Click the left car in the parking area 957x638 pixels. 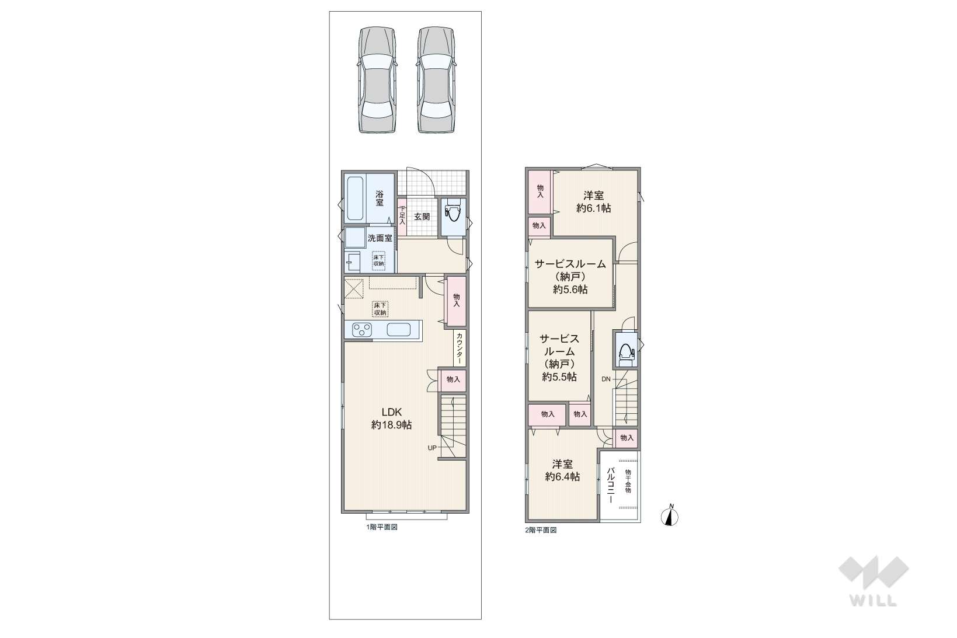(x=378, y=80)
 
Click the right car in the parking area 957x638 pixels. (x=436, y=80)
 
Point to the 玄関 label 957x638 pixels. (x=422, y=217)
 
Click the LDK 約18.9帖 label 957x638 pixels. (x=391, y=418)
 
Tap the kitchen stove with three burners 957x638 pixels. (x=361, y=330)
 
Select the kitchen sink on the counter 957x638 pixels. (x=399, y=330)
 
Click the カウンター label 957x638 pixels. (x=460, y=348)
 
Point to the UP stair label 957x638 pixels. (x=432, y=448)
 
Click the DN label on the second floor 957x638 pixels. (x=606, y=379)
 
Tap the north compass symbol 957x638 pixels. (x=670, y=517)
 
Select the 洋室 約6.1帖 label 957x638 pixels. (x=593, y=201)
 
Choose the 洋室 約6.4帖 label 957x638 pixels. (x=562, y=470)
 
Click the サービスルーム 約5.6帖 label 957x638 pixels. (x=570, y=277)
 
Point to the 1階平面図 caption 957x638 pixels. (x=382, y=527)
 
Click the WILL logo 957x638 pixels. (x=874, y=581)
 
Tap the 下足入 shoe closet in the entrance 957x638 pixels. (x=402, y=217)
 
